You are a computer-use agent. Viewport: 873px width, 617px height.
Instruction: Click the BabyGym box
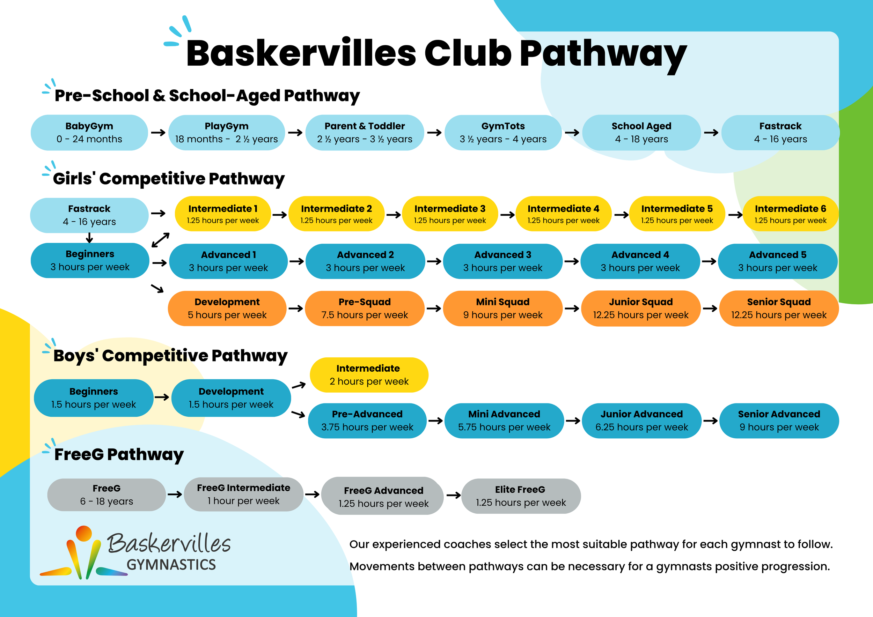[x=89, y=133]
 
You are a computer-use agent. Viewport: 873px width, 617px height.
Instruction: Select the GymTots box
[x=503, y=133]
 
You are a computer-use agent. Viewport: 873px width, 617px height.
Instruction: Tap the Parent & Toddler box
[x=365, y=133]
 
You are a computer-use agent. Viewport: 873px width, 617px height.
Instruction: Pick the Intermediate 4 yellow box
[x=563, y=214]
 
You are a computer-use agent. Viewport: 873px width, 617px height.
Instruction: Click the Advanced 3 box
[x=502, y=261]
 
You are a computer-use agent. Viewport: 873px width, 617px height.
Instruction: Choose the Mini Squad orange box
[x=502, y=308]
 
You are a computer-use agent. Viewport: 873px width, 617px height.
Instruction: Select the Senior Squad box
[x=779, y=308]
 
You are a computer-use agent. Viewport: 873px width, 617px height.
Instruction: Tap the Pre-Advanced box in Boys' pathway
[x=367, y=421]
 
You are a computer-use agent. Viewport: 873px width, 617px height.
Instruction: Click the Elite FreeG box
[x=521, y=496]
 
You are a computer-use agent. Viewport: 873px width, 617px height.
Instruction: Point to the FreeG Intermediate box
[x=244, y=494]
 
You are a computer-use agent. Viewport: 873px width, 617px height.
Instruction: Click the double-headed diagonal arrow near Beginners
[x=160, y=240]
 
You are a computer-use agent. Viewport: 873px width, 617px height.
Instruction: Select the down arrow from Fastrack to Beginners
[x=89, y=238]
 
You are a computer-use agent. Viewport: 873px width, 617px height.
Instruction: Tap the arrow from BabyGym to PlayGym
[x=158, y=133]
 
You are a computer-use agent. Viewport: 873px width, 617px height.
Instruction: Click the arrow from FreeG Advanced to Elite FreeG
[x=454, y=496]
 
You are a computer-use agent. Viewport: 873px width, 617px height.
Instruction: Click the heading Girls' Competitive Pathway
[x=169, y=179]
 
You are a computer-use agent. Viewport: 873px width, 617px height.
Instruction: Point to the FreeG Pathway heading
[x=119, y=454]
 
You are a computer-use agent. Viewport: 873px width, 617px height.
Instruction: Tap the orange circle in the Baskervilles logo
[x=84, y=533]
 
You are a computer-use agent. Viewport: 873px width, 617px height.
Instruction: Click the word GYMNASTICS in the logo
[x=171, y=565]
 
